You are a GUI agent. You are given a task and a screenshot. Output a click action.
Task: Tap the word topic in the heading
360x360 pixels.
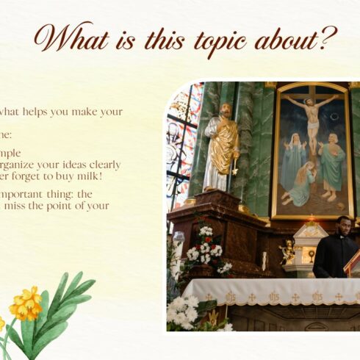pos(211,40)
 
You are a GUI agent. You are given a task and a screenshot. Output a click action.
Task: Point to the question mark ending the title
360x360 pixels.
pos(328,37)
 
